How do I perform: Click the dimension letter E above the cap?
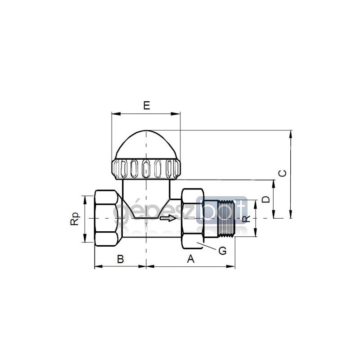[x=147, y=105]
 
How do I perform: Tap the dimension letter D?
[x=266, y=199]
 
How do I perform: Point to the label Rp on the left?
[x=75, y=219]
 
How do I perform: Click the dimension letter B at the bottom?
[x=121, y=259]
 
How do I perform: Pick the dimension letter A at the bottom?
[x=191, y=259]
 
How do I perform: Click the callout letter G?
[x=222, y=251]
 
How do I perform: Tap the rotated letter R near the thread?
[x=246, y=219]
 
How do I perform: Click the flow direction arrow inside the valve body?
[x=168, y=218]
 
